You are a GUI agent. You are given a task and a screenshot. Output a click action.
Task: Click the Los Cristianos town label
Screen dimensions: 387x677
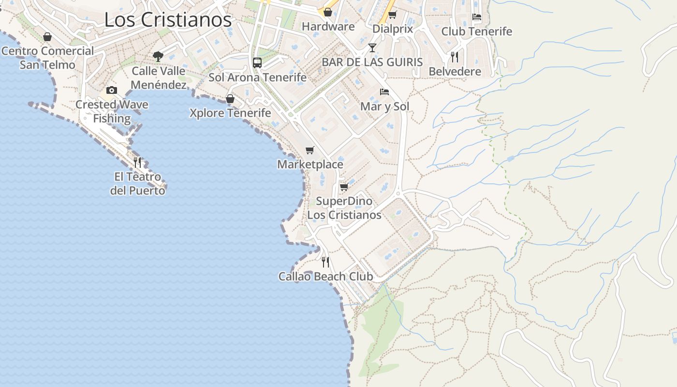[x=168, y=20]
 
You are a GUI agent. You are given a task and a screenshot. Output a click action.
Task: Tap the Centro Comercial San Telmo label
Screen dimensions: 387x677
[x=47, y=58]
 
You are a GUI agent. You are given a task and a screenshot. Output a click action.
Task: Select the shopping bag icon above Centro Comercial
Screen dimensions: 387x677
[x=47, y=37]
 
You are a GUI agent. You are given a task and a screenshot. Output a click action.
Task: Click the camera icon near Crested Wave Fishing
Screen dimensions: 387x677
[x=112, y=90]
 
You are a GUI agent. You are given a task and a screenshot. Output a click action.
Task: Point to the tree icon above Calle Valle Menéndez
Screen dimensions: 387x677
[x=158, y=57]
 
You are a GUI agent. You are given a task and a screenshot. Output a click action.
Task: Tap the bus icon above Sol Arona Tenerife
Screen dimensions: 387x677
[x=257, y=62]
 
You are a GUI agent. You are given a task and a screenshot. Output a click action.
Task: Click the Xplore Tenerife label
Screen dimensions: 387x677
[x=230, y=113]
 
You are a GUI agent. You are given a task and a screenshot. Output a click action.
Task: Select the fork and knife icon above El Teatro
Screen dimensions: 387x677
[x=138, y=162]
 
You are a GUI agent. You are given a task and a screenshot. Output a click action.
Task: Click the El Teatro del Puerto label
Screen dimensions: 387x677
[x=138, y=183]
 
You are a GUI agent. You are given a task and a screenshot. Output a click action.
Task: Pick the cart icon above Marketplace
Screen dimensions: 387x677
[x=310, y=150]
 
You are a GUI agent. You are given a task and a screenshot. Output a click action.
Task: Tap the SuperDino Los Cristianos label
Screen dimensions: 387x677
[x=344, y=208]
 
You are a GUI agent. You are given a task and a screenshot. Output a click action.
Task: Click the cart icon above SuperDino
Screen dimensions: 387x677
[x=344, y=187]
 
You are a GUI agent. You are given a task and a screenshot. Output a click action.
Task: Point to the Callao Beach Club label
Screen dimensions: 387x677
[x=325, y=276]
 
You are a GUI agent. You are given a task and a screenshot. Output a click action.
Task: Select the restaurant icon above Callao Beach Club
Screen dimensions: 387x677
[x=325, y=262]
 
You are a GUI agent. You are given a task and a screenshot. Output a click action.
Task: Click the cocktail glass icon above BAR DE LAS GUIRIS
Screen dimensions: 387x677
[x=372, y=47]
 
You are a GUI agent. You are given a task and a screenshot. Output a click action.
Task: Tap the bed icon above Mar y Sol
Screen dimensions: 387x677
[x=384, y=91]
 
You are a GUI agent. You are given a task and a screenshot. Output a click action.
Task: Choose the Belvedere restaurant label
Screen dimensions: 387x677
[x=455, y=72]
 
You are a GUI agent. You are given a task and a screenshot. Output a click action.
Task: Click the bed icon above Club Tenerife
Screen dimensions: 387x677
[x=477, y=16]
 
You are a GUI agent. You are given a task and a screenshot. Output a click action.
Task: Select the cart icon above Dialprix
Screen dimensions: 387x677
[x=393, y=15]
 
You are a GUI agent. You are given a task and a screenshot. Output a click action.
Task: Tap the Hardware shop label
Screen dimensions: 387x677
[x=328, y=27]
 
